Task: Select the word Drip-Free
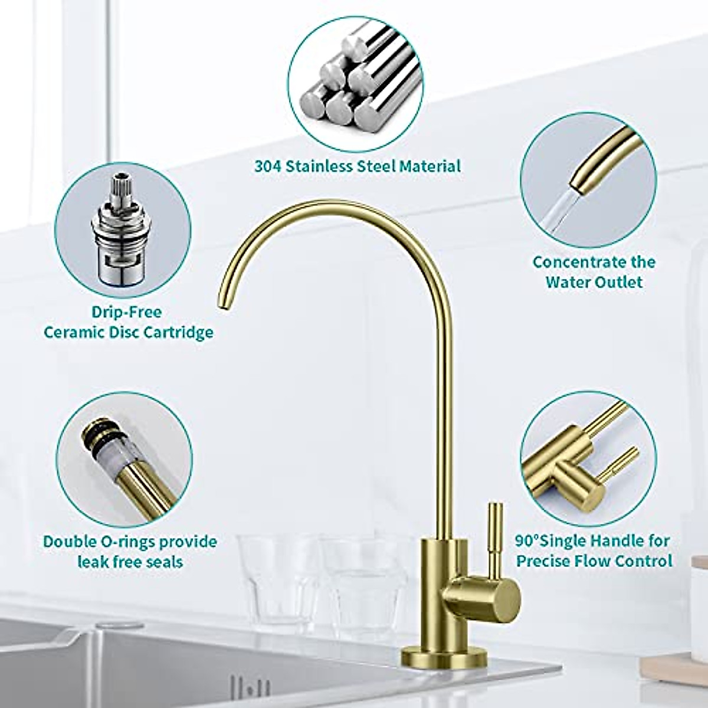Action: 126,312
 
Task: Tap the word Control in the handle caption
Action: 644,560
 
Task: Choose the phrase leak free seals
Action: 130,562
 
